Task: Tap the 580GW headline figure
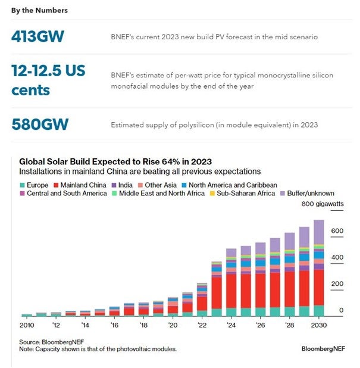point(40,124)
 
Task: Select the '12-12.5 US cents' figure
point(48,80)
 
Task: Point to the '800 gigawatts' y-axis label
point(323,204)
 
